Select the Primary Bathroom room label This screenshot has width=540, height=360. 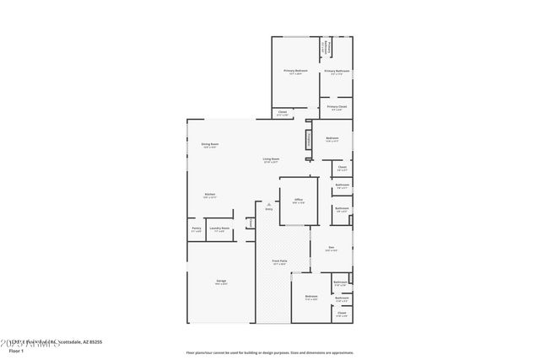337,71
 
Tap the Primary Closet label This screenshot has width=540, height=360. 337,107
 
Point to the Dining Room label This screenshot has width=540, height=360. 210,145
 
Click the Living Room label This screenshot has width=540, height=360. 271,159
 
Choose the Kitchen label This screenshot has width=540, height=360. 209,195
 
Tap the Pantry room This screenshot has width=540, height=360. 196,228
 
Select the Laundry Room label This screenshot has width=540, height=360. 219,228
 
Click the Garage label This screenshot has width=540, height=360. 221,282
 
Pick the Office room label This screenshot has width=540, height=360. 299,201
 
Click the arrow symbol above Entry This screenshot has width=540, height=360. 268,203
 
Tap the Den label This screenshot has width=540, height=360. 332,248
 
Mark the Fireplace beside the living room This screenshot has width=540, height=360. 308,139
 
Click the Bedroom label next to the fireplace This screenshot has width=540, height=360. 332,138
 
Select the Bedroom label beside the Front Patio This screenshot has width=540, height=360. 311,297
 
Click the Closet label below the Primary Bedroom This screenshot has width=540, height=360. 283,112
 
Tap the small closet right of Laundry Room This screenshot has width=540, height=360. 250,223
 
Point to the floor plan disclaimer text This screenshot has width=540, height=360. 270,352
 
